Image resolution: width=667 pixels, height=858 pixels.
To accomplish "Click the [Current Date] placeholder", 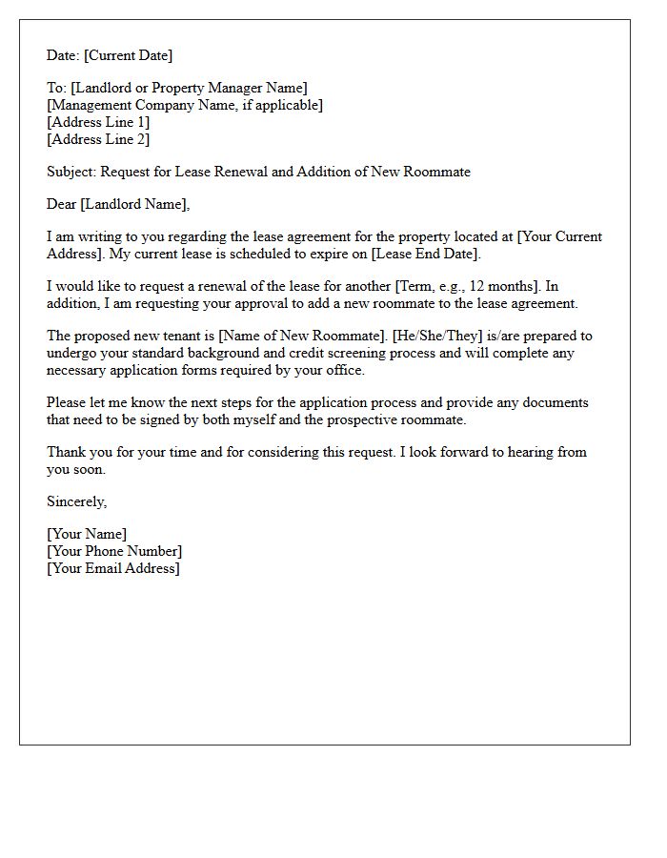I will [x=129, y=56].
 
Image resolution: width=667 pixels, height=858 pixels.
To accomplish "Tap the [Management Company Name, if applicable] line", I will [x=185, y=106].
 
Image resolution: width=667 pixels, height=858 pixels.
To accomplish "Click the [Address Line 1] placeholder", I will [x=98, y=123].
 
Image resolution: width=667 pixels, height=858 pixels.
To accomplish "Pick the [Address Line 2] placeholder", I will [x=98, y=140].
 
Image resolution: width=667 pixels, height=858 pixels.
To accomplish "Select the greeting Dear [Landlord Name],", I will [x=118, y=204].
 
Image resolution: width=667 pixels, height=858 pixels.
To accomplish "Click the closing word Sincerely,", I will [x=77, y=501].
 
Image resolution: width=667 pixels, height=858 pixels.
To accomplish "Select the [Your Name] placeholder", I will [x=87, y=534].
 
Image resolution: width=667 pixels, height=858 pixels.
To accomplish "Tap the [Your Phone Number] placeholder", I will [x=114, y=551].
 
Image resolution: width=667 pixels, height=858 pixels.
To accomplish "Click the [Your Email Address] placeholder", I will [x=113, y=568].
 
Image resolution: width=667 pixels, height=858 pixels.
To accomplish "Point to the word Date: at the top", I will [x=63, y=56].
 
